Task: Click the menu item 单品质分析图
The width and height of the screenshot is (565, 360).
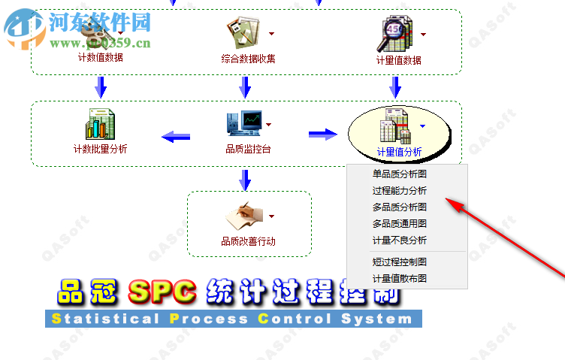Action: pos(400,174)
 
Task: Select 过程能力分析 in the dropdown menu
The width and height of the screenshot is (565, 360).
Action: pos(400,190)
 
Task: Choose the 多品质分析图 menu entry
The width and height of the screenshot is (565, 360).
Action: pos(400,207)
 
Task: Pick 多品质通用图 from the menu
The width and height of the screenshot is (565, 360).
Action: pos(400,223)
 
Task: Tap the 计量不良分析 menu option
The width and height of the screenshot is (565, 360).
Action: pos(400,240)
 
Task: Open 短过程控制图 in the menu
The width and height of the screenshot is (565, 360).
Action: pos(400,262)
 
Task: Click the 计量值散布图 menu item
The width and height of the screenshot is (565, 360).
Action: pos(400,278)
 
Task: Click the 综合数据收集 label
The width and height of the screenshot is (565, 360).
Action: pos(248,59)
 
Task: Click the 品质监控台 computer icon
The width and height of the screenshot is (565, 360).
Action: pos(243,123)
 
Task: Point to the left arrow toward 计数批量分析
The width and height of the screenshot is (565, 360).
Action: pos(176,137)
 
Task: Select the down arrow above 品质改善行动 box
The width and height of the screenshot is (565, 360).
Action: pos(245,179)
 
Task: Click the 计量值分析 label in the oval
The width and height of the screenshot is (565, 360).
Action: pos(399,153)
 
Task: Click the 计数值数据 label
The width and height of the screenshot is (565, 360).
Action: pos(101,57)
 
